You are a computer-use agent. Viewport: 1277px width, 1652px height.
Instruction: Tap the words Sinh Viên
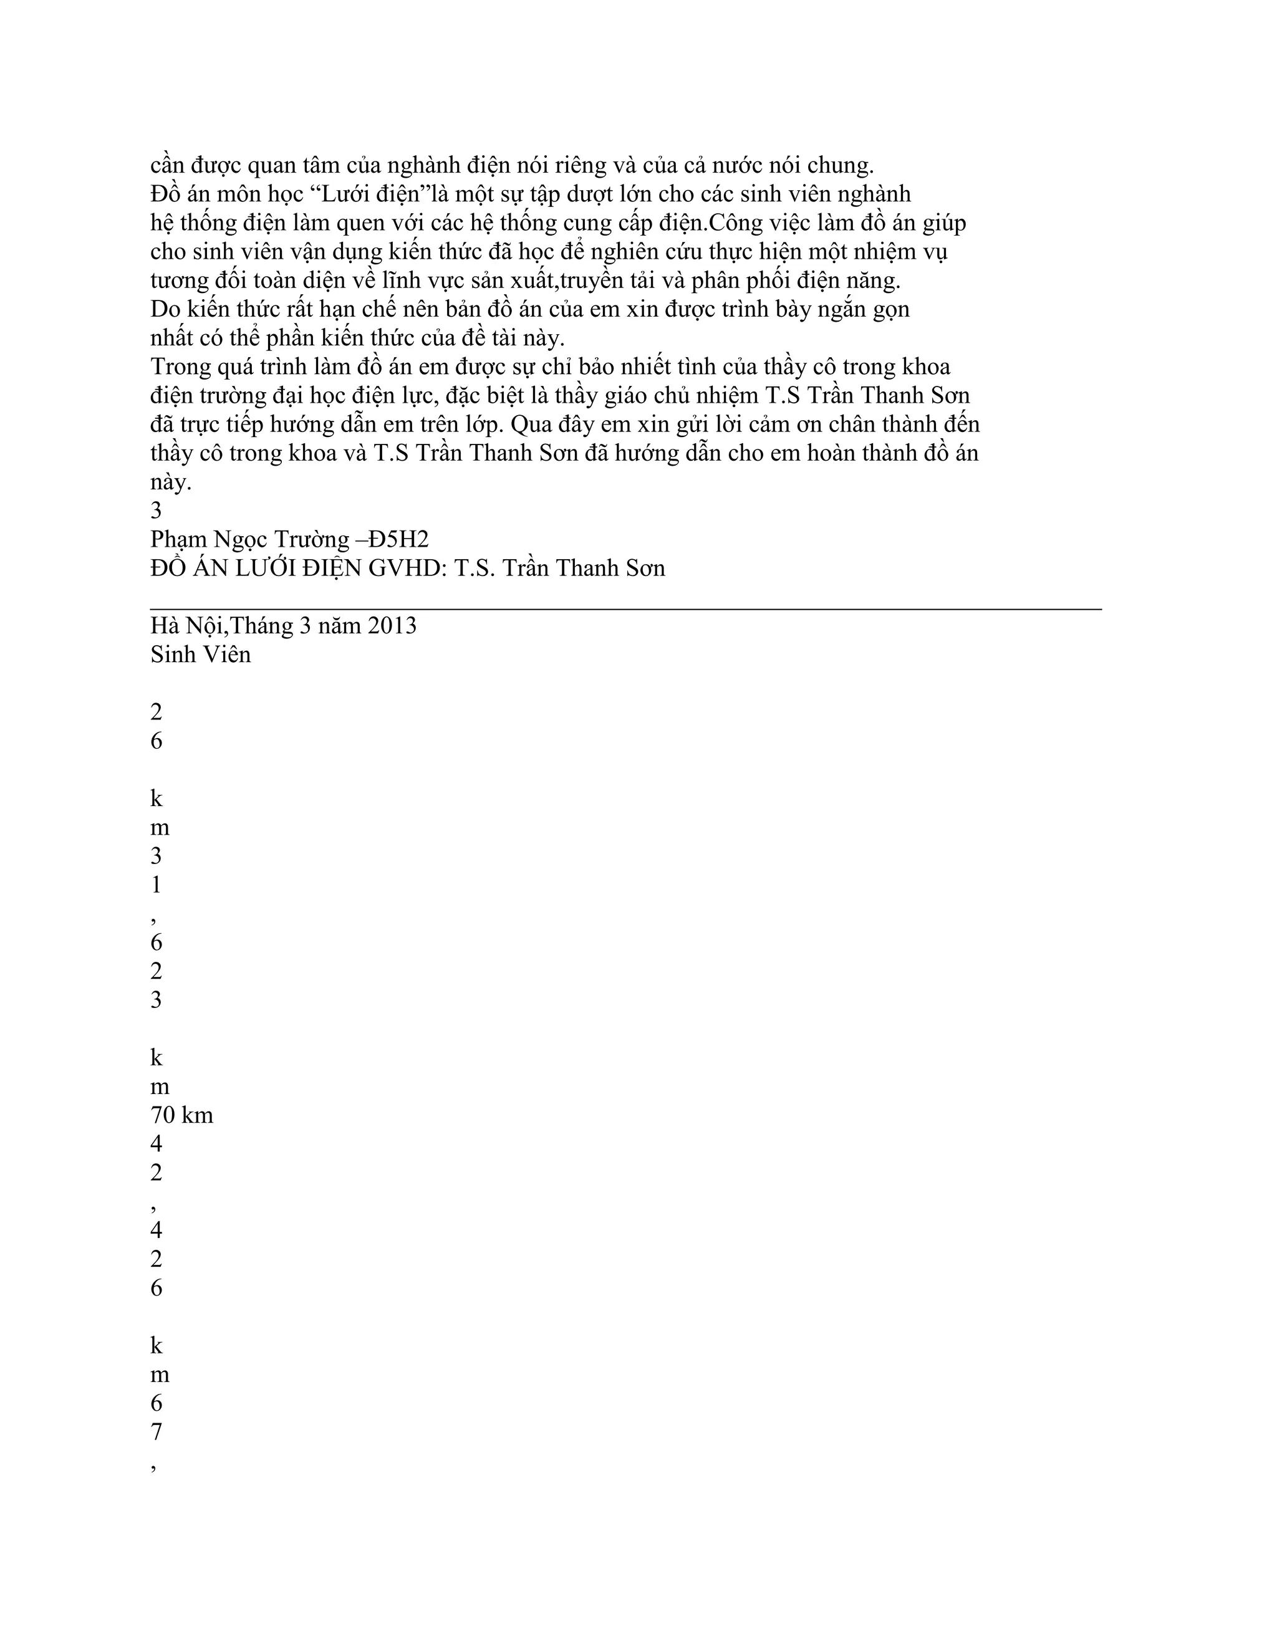coord(201,655)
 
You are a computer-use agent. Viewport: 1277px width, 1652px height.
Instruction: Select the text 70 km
coord(181,1116)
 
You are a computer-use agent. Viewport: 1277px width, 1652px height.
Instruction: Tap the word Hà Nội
coord(185,627)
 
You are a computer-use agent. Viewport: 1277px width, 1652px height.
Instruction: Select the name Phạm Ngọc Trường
coord(249,539)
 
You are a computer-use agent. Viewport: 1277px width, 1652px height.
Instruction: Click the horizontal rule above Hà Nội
coord(625,607)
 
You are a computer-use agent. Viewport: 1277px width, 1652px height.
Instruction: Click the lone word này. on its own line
coord(171,483)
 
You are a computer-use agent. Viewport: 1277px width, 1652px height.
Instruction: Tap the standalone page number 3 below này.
coord(156,511)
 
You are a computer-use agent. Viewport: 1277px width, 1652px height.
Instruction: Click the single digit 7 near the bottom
coord(156,1432)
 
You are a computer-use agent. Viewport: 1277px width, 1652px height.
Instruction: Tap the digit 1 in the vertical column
coord(156,885)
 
